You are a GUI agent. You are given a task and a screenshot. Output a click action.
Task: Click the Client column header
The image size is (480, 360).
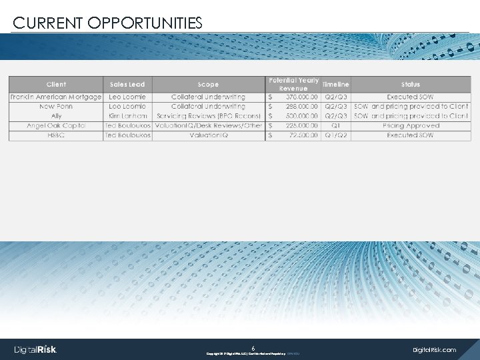click(x=56, y=85)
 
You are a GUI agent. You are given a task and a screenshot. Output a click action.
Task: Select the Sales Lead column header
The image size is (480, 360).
click(x=127, y=85)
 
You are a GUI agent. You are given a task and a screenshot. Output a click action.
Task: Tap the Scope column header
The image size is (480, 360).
click(x=208, y=85)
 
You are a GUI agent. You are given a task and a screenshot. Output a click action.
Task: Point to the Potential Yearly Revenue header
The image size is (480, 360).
click(x=293, y=85)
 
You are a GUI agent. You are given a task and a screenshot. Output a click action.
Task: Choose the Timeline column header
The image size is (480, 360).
click(x=335, y=85)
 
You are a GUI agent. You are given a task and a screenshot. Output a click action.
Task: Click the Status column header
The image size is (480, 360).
click(x=411, y=85)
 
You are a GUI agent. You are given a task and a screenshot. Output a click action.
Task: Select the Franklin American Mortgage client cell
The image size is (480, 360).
click(x=56, y=97)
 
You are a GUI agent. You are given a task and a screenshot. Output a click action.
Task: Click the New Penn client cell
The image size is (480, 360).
click(x=56, y=107)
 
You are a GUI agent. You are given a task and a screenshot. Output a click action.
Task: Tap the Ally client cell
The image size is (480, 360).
click(x=56, y=116)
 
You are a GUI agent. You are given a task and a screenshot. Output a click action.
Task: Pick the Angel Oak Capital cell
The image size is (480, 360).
click(x=56, y=125)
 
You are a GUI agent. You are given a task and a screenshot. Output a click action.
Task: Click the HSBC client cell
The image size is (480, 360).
click(x=56, y=135)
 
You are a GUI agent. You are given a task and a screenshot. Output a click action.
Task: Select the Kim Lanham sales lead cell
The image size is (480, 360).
click(x=127, y=116)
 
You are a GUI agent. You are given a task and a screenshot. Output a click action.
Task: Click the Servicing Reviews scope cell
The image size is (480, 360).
click(x=208, y=116)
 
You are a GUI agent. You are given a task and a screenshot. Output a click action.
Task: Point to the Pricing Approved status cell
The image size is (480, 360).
click(x=411, y=125)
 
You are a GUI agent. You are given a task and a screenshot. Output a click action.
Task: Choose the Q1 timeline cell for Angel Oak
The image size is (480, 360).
click(x=335, y=125)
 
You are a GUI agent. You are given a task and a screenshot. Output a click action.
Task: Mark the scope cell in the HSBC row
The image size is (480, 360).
click(x=208, y=135)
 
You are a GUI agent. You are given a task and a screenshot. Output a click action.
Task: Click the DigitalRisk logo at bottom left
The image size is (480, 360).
click(x=36, y=349)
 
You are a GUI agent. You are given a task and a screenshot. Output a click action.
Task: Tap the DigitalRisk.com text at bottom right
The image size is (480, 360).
click(x=435, y=349)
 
